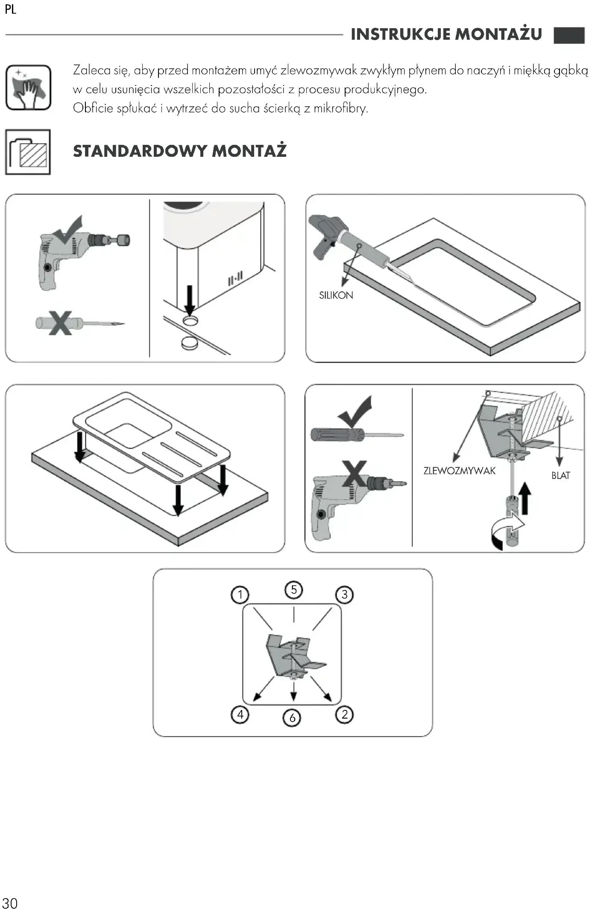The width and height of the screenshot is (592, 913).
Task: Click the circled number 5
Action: pos(294,590)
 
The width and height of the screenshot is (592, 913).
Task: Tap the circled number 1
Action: pos(240,595)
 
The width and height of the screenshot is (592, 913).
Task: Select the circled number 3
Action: pos(345,595)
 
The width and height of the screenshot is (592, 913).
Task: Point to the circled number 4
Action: pos(240,714)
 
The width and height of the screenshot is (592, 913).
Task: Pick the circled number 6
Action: pos(292,718)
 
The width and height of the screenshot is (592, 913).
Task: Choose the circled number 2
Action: pos(345,714)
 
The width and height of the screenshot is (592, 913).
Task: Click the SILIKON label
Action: pos(336,295)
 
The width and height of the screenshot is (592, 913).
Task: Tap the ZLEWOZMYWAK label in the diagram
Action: pos(459,471)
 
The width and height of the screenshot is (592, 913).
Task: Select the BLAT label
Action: pos(560,476)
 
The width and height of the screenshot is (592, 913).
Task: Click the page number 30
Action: pos(10,903)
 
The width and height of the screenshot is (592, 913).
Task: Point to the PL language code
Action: pos(11,9)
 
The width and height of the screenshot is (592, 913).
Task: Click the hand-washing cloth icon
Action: pos(28,88)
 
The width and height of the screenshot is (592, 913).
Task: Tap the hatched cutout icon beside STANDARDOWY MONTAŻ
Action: pos(28,152)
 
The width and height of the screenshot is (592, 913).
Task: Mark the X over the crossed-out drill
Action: pos(354,473)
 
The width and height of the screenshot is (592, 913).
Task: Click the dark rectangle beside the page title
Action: pos(569,35)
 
